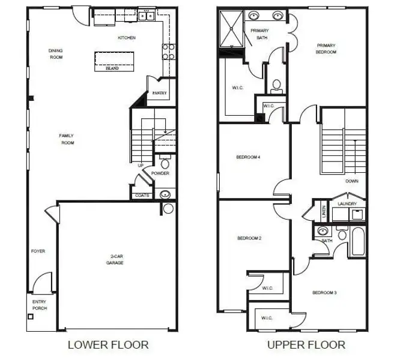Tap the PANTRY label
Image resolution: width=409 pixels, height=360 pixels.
[159, 93]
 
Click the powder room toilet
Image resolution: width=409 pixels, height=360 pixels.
[165, 163]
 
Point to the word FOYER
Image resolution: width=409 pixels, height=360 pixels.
[38, 251]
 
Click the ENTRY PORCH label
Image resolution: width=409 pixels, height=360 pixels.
[40, 305]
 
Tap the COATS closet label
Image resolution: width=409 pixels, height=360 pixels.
[142, 195]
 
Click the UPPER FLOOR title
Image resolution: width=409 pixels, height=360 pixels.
[306, 344]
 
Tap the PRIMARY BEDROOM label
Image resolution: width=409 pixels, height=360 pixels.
[326, 49]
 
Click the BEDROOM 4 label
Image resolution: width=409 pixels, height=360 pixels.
[248, 157]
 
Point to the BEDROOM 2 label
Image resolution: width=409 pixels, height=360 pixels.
[249, 238]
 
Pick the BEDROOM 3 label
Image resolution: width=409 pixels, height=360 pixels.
[324, 293]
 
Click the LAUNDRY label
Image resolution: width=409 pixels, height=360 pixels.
[348, 203]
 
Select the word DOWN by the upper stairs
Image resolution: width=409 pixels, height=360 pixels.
[352, 181]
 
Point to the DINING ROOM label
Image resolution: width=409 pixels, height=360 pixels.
[56, 54]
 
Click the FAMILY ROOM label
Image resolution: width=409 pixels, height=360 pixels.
[66, 139]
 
